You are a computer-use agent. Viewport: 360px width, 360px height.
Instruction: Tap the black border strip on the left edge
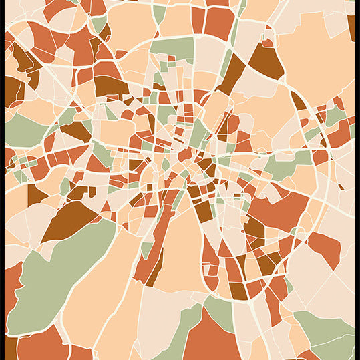[2, 180]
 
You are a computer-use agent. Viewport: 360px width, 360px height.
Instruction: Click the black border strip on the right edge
[357, 180]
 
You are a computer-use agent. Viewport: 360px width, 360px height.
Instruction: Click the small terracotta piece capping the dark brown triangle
[268, 42]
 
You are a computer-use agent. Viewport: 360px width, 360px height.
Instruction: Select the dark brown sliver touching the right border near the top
[351, 27]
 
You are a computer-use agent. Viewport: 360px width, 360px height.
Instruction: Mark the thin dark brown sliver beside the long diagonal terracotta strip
[155, 267]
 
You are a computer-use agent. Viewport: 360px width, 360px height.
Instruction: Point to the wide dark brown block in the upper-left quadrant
[110, 85]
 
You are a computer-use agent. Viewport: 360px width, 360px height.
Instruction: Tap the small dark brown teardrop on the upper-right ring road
[298, 100]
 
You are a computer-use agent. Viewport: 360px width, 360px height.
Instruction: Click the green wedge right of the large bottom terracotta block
[220, 311]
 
